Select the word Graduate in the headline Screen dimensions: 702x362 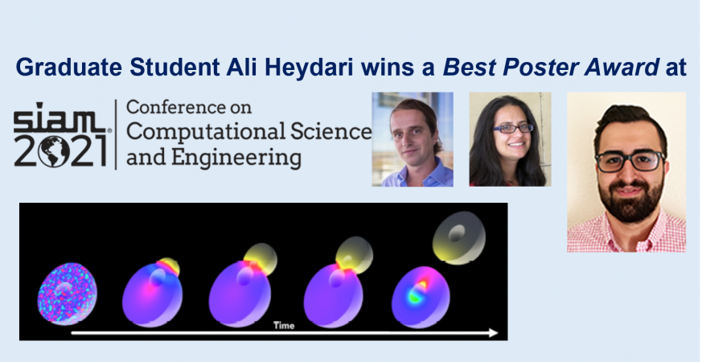pos(69,68)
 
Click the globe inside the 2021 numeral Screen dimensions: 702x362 pos(54,151)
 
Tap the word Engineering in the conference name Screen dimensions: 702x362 pos(236,158)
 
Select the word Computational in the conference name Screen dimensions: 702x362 pos(206,131)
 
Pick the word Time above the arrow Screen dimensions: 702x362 pos(284,325)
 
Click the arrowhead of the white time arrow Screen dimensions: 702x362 pos(493,333)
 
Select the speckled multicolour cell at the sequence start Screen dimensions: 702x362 pos(68,294)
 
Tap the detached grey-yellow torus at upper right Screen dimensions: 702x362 pos(459,237)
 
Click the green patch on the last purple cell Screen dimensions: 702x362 pos(415,296)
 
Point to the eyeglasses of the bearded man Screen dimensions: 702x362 pos(630,161)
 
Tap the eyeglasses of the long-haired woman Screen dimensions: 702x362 pos(513,129)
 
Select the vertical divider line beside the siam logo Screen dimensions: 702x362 pos(117,134)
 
